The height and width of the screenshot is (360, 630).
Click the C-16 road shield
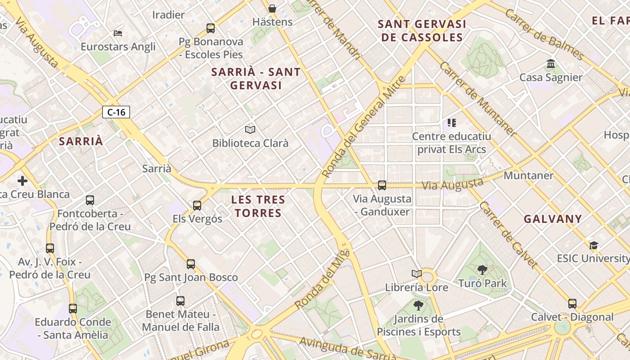tap(116, 112)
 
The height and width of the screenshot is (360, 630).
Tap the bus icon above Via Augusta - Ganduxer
tap(382, 185)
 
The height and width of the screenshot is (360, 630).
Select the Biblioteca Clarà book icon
tap(250, 130)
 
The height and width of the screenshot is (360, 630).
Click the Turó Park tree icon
tap(482, 270)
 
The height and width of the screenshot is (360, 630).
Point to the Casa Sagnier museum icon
tap(551, 64)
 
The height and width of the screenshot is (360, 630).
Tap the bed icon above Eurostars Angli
tap(118, 33)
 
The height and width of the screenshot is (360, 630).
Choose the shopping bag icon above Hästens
tap(272, 9)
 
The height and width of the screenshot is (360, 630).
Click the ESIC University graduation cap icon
tap(594, 245)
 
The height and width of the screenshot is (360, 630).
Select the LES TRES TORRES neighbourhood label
tap(258, 206)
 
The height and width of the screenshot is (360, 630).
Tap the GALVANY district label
tap(553, 219)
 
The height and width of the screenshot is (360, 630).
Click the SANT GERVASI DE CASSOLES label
tap(422, 31)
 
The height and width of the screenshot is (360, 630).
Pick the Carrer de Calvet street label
tap(508, 234)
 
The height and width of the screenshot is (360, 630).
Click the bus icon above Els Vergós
tap(197, 206)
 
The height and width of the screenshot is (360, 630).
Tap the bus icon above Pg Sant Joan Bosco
tap(191, 264)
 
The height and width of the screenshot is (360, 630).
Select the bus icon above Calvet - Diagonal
tap(572, 304)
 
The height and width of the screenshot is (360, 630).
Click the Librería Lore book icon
tap(417, 274)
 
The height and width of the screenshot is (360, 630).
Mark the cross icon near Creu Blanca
tap(22, 181)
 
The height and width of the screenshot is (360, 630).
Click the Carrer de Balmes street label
tap(544, 34)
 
